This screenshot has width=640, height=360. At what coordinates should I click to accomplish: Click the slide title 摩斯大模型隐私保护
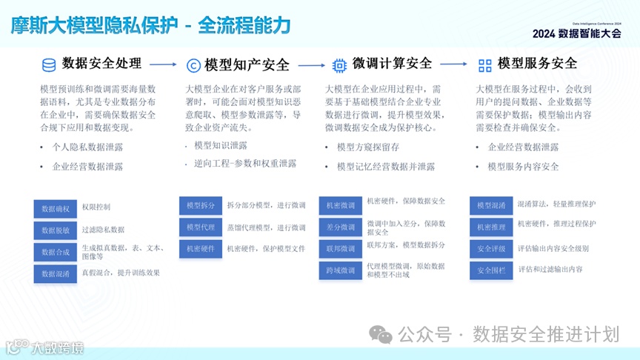[x=95, y=25]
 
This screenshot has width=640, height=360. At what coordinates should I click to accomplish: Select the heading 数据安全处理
[x=101, y=64]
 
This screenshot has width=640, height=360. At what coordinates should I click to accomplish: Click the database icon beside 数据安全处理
[x=49, y=64]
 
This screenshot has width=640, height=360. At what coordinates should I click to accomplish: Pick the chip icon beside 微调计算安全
[x=339, y=64]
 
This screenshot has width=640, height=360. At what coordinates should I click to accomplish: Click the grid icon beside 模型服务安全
[x=485, y=64]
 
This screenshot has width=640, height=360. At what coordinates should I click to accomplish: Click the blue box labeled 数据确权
[x=55, y=208]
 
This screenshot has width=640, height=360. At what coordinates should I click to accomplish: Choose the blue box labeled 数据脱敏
[x=55, y=230]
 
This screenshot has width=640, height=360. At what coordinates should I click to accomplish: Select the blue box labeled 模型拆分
[x=200, y=205]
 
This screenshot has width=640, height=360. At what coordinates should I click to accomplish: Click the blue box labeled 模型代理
[x=200, y=227]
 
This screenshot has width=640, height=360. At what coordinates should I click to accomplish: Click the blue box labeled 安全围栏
[x=491, y=270]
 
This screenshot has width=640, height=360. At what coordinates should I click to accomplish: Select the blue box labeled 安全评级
[x=491, y=249]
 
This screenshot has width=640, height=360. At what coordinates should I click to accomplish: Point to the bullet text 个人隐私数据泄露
[x=87, y=147]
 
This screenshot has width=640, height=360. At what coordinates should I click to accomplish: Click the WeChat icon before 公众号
[x=381, y=335]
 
